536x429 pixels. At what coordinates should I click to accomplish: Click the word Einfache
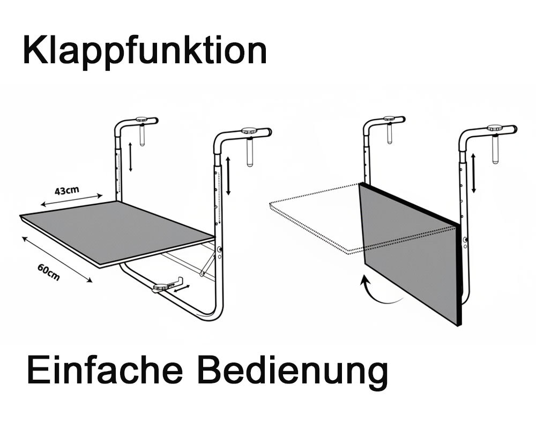[105, 371]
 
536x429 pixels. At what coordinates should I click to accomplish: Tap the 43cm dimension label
[67, 190]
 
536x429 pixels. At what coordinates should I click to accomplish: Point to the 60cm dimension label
[49, 272]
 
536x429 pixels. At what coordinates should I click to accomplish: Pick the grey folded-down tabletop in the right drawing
[410, 253]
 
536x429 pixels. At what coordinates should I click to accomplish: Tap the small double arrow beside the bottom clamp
[182, 289]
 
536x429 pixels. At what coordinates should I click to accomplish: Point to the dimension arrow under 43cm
[71, 201]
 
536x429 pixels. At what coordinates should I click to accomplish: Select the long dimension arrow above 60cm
[57, 260]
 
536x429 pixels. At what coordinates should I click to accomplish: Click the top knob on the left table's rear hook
[144, 120]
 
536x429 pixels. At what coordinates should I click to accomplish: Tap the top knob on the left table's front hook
[249, 130]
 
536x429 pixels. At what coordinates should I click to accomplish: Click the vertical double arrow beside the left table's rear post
[130, 157]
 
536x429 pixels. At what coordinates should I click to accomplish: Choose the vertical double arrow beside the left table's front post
[228, 176]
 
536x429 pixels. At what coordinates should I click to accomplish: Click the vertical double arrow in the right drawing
[473, 173]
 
